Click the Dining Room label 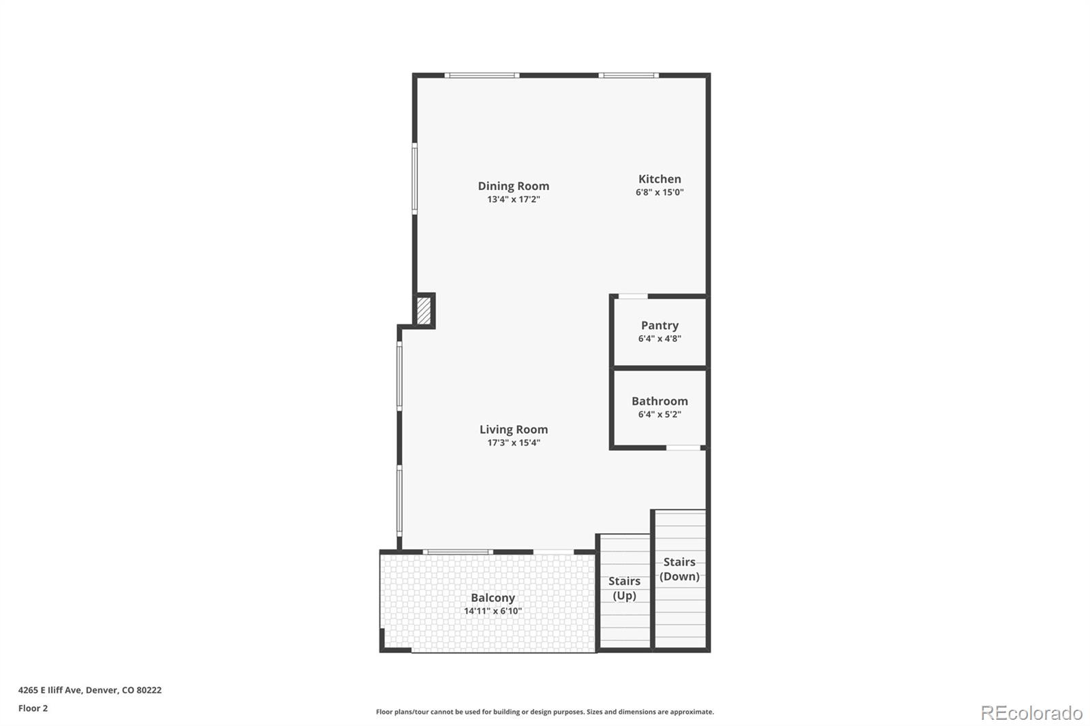coord(513,186)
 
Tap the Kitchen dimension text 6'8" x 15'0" coord(659,193)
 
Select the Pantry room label coord(659,326)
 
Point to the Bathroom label coord(659,401)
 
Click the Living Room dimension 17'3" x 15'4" coord(513,443)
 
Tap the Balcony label coord(493,598)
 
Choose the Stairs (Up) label coord(624,588)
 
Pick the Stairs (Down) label coord(679,569)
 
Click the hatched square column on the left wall coord(424,311)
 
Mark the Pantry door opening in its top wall coord(632,296)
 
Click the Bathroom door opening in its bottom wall coord(683,447)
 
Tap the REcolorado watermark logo coord(1031,713)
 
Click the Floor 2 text coord(33,708)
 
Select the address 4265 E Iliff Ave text coord(90,690)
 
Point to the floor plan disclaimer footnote coord(545,712)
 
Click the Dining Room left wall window coord(414,178)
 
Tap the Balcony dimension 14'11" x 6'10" coord(493,612)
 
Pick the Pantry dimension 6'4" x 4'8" coord(659,338)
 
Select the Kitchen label coord(659,179)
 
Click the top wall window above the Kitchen coord(628,75)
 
